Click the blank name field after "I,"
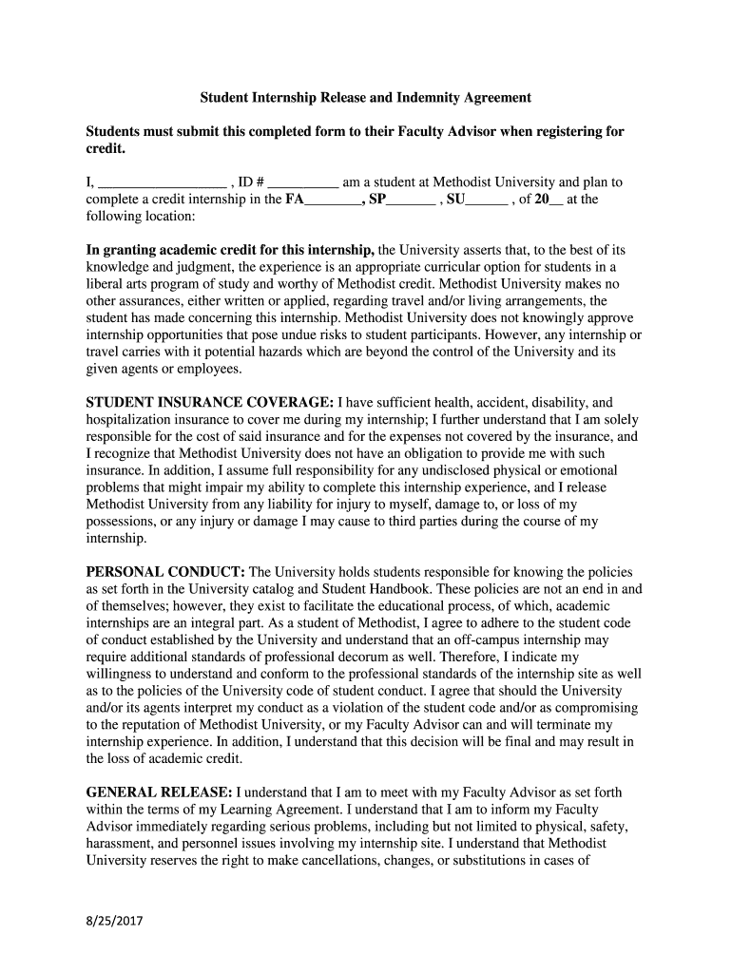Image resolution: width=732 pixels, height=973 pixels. [x=161, y=182]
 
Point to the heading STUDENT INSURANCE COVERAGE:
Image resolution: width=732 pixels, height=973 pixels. [x=209, y=402]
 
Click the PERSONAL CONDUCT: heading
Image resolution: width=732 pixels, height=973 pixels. [x=166, y=572]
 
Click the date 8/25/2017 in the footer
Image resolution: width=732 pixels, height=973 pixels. [x=114, y=921]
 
